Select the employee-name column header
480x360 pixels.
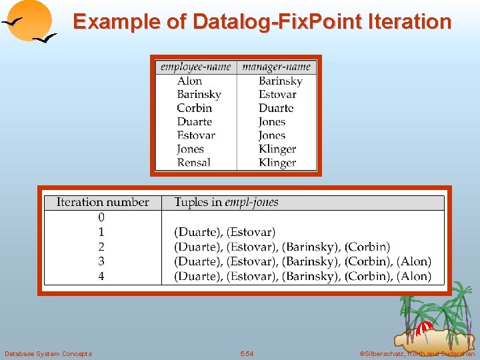pyautogui.click(x=196, y=67)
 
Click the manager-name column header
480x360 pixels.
pyautogui.click(x=277, y=67)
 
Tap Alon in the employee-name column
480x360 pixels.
pyautogui.click(x=189, y=81)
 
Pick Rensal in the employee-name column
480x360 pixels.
pyautogui.click(x=193, y=163)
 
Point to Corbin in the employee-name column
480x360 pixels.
pyautogui.click(x=194, y=108)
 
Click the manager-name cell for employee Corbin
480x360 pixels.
pyautogui.click(x=276, y=108)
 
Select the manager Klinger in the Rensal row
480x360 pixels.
pyautogui.click(x=277, y=163)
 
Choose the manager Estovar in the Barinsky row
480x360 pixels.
pyautogui.click(x=277, y=95)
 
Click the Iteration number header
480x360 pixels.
pyautogui.click(x=103, y=202)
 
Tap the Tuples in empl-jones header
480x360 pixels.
pyautogui.click(x=227, y=202)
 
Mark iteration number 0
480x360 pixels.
pyautogui.click(x=101, y=217)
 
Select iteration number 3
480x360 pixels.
pyautogui.click(x=101, y=261)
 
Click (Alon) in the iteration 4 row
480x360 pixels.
pyautogui.click(x=415, y=276)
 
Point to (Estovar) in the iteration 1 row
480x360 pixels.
pyautogui.click(x=251, y=232)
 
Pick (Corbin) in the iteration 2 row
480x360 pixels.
pyautogui.click(x=367, y=247)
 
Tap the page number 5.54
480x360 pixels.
pyautogui.click(x=247, y=353)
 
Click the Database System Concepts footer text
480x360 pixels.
pyautogui.click(x=48, y=353)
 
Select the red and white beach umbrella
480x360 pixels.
pyautogui.click(x=423, y=328)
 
